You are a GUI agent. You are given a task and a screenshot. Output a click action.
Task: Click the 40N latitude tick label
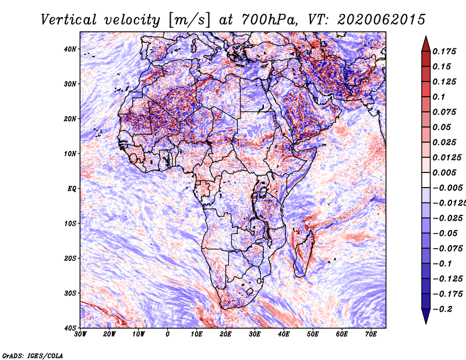(x=70, y=49)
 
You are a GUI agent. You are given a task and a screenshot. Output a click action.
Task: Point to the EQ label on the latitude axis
(x=72, y=189)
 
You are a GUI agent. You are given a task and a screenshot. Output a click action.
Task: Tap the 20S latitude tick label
(x=70, y=258)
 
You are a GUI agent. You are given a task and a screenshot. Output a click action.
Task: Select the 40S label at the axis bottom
(x=70, y=328)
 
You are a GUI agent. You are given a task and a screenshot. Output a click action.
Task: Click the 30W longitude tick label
(x=80, y=334)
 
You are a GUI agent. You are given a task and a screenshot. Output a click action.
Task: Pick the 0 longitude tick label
(x=168, y=334)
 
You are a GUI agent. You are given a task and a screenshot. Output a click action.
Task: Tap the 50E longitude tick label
(x=313, y=334)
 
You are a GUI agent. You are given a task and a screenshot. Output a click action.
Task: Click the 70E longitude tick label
(x=371, y=334)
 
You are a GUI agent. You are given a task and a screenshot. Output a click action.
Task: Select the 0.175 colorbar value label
(x=444, y=51)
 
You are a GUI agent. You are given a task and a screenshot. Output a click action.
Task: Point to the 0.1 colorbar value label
(x=439, y=97)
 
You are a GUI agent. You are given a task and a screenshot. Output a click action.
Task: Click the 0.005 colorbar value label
(x=444, y=172)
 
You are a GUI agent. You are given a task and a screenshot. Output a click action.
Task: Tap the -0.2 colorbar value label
(x=442, y=309)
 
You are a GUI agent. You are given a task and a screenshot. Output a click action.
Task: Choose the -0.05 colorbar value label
(x=444, y=234)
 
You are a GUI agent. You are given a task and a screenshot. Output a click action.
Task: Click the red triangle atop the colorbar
(x=426, y=44)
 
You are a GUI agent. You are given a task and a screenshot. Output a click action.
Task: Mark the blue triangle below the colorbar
(x=426, y=316)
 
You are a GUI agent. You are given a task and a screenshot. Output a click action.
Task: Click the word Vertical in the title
(x=69, y=20)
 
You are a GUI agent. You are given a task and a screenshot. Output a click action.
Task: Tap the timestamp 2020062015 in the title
(x=382, y=20)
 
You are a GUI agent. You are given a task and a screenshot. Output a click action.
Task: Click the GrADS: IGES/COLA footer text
(x=33, y=355)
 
